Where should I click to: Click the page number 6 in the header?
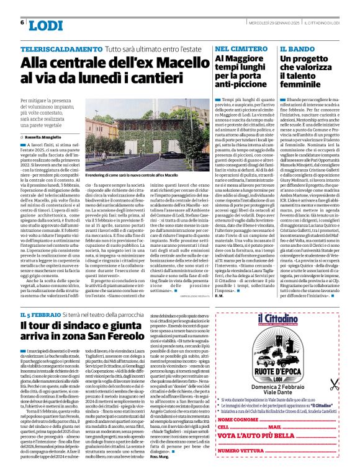coord(22,23)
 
